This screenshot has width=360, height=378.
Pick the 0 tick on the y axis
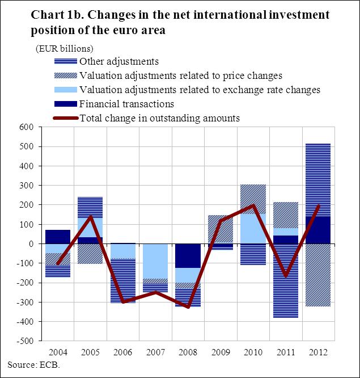tap(31, 244)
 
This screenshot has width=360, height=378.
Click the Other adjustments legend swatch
tap(65, 61)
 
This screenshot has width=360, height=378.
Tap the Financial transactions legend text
tap(126, 104)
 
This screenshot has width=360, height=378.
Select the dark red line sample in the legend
tap(65, 119)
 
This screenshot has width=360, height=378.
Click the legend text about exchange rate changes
tap(200, 90)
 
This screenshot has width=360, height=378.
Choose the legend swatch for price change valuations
tap(65, 75)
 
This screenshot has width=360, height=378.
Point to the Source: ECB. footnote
tap(33, 364)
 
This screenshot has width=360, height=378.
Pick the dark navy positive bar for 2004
tap(58, 237)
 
